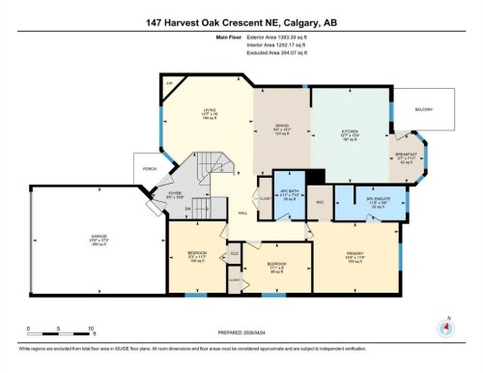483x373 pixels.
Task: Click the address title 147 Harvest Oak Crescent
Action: tap(241, 21)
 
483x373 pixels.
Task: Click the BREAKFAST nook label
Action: tap(407, 154)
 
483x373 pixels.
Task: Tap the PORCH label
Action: tap(150, 168)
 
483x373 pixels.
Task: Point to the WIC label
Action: tap(317, 202)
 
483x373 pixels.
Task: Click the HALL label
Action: tap(242, 213)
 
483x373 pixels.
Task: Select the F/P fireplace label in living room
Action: tap(170, 84)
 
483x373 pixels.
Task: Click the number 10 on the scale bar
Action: tap(90, 328)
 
